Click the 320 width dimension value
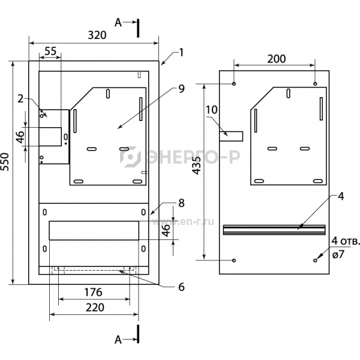tap(97, 35)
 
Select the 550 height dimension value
tap(5, 161)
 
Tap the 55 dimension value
tap(50, 51)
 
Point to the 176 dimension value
tap(93, 292)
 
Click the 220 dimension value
tap(95, 307)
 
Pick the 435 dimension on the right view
tap(197, 166)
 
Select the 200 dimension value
tap(277, 59)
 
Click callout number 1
tap(181, 52)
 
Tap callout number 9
tap(181, 89)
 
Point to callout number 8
tap(181, 203)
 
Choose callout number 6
tap(181, 287)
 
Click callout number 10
tap(211, 110)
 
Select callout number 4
tap(341, 196)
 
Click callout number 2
tap(20, 99)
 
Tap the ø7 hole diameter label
tap(338, 254)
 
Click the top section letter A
tap(118, 23)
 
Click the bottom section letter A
tap(118, 340)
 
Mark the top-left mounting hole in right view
tap(234, 83)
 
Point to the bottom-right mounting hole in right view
tap(315, 260)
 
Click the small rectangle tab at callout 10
tap(231, 136)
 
